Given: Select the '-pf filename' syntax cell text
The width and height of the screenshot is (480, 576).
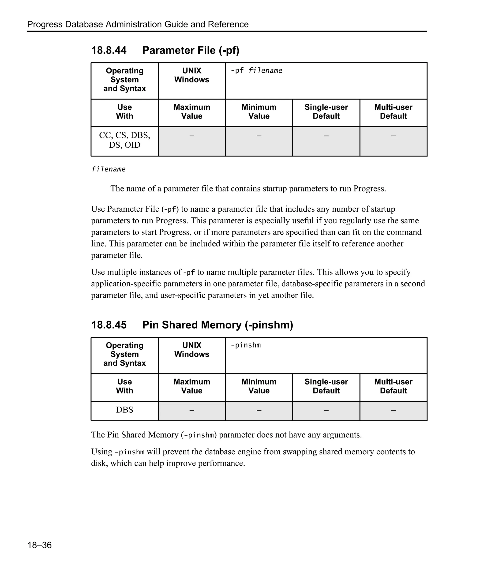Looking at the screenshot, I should pyautogui.click(x=256, y=71).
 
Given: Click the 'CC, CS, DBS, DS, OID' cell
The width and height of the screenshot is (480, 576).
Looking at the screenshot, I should pyautogui.click(x=124, y=140).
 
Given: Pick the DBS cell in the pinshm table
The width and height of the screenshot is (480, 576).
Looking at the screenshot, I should pyautogui.click(x=124, y=410).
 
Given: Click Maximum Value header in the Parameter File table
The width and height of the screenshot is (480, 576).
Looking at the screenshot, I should pyautogui.click(x=192, y=112).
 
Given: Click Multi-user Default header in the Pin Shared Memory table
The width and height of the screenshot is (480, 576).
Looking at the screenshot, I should pyautogui.click(x=393, y=386).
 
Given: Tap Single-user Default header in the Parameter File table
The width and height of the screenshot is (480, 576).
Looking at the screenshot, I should pyautogui.click(x=326, y=112).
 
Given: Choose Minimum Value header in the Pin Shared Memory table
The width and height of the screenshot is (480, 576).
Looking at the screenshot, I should pyautogui.click(x=259, y=386).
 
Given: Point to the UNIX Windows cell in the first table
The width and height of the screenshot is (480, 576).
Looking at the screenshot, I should pyautogui.click(x=192, y=75).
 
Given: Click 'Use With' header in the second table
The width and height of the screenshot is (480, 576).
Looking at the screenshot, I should pyautogui.click(x=124, y=386).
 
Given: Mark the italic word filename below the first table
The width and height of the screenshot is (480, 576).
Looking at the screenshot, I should pyautogui.click(x=108, y=169).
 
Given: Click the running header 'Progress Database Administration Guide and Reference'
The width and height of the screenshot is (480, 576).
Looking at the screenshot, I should pyautogui.click(x=138, y=24).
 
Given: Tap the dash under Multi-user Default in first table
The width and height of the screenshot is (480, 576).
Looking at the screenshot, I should pyautogui.click(x=393, y=136).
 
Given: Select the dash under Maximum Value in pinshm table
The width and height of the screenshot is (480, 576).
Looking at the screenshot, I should pyautogui.click(x=192, y=410).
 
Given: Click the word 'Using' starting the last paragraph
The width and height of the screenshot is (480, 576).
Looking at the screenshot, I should pyautogui.click(x=102, y=452).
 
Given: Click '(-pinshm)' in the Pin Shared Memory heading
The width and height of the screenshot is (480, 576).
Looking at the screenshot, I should pyautogui.click(x=269, y=325).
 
